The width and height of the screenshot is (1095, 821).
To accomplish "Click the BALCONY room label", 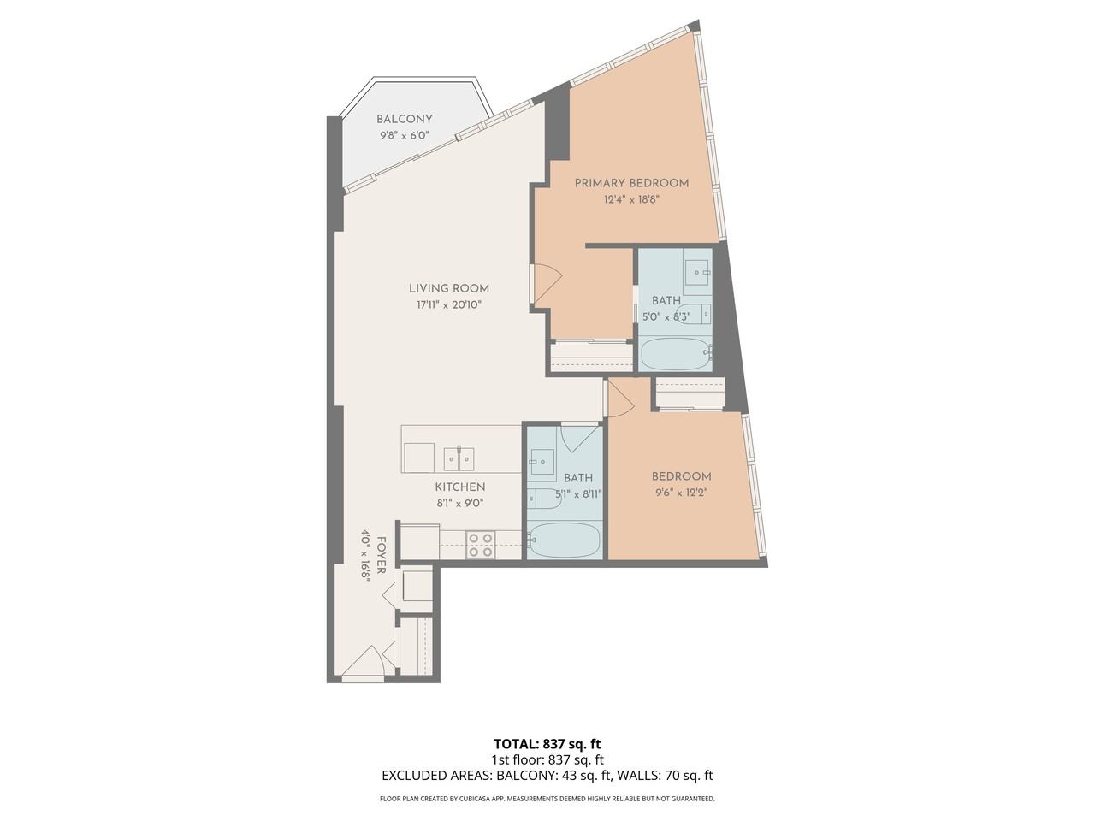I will [x=404, y=120].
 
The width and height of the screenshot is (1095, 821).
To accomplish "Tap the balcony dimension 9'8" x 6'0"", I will [x=404, y=135].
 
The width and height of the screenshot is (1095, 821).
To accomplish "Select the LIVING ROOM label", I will [x=448, y=289].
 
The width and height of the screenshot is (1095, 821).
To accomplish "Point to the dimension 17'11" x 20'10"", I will [x=448, y=304].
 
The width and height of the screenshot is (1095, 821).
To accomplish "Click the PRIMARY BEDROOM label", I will [x=631, y=183].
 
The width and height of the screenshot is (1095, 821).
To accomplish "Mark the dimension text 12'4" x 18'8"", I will [x=631, y=199].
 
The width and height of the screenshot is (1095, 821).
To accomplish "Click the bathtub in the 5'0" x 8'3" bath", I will [x=675, y=354].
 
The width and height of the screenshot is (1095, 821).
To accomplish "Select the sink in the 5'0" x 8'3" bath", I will [x=697, y=272].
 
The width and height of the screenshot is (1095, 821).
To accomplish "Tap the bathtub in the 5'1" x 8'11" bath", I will [x=565, y=540].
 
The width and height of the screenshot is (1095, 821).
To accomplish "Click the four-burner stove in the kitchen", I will [x=480, y=545].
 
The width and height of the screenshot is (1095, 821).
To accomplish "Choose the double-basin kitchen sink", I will [x=459, y=458].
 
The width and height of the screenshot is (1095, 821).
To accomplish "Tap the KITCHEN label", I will [x=460, y=487].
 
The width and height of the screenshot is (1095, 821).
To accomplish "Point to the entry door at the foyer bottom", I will [x=364, y=665].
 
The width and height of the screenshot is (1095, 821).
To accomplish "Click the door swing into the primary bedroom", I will [x=546, y=284].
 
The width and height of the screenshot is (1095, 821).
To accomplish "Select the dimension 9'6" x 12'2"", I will [x=681, y=493].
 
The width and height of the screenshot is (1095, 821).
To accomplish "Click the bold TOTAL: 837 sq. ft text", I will [x=547, y=743].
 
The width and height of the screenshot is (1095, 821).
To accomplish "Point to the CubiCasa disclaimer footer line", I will [x=547, y=799].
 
